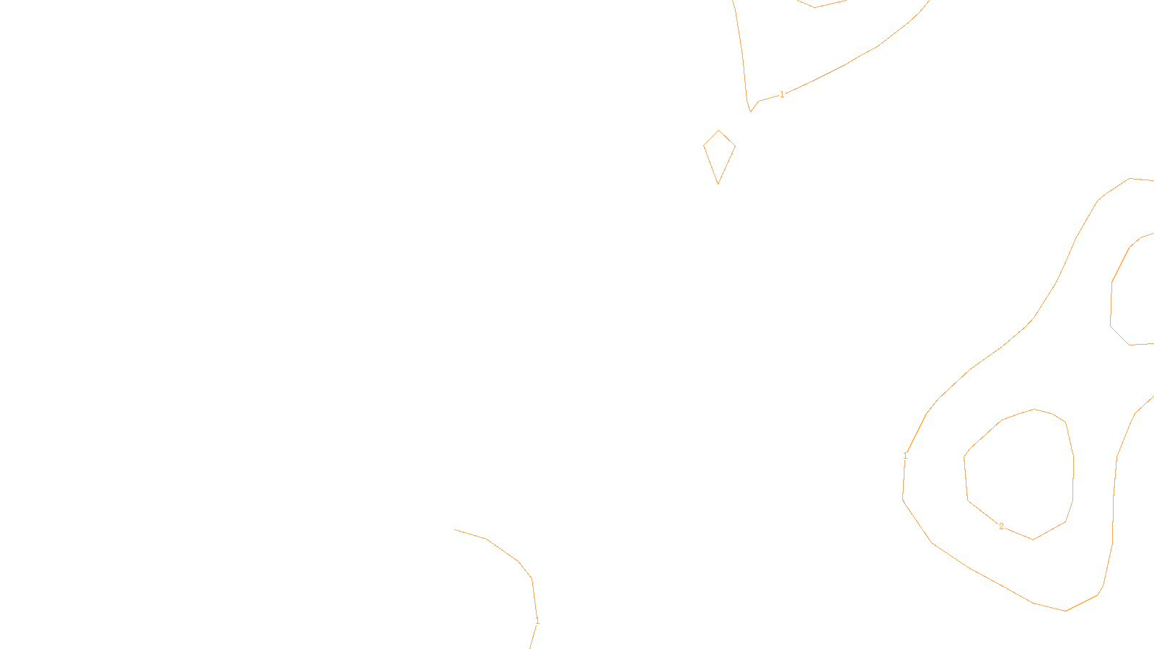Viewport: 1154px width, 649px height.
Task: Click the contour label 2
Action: click(1001, 526)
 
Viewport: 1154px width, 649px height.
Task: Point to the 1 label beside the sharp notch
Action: click(782, 94)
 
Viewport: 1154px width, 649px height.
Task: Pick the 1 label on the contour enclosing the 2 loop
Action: click(905, 456)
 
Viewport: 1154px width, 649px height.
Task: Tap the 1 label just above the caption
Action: click(537, 620)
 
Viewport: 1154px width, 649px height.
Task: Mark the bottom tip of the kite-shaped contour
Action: click(718, 184)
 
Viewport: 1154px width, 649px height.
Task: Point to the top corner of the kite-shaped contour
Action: click(719, 131)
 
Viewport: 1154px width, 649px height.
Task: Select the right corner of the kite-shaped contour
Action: click(735, 146)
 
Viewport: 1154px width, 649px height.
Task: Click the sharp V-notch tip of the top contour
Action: click(751, 112)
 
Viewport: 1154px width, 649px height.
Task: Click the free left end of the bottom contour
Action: click(455, 529)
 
